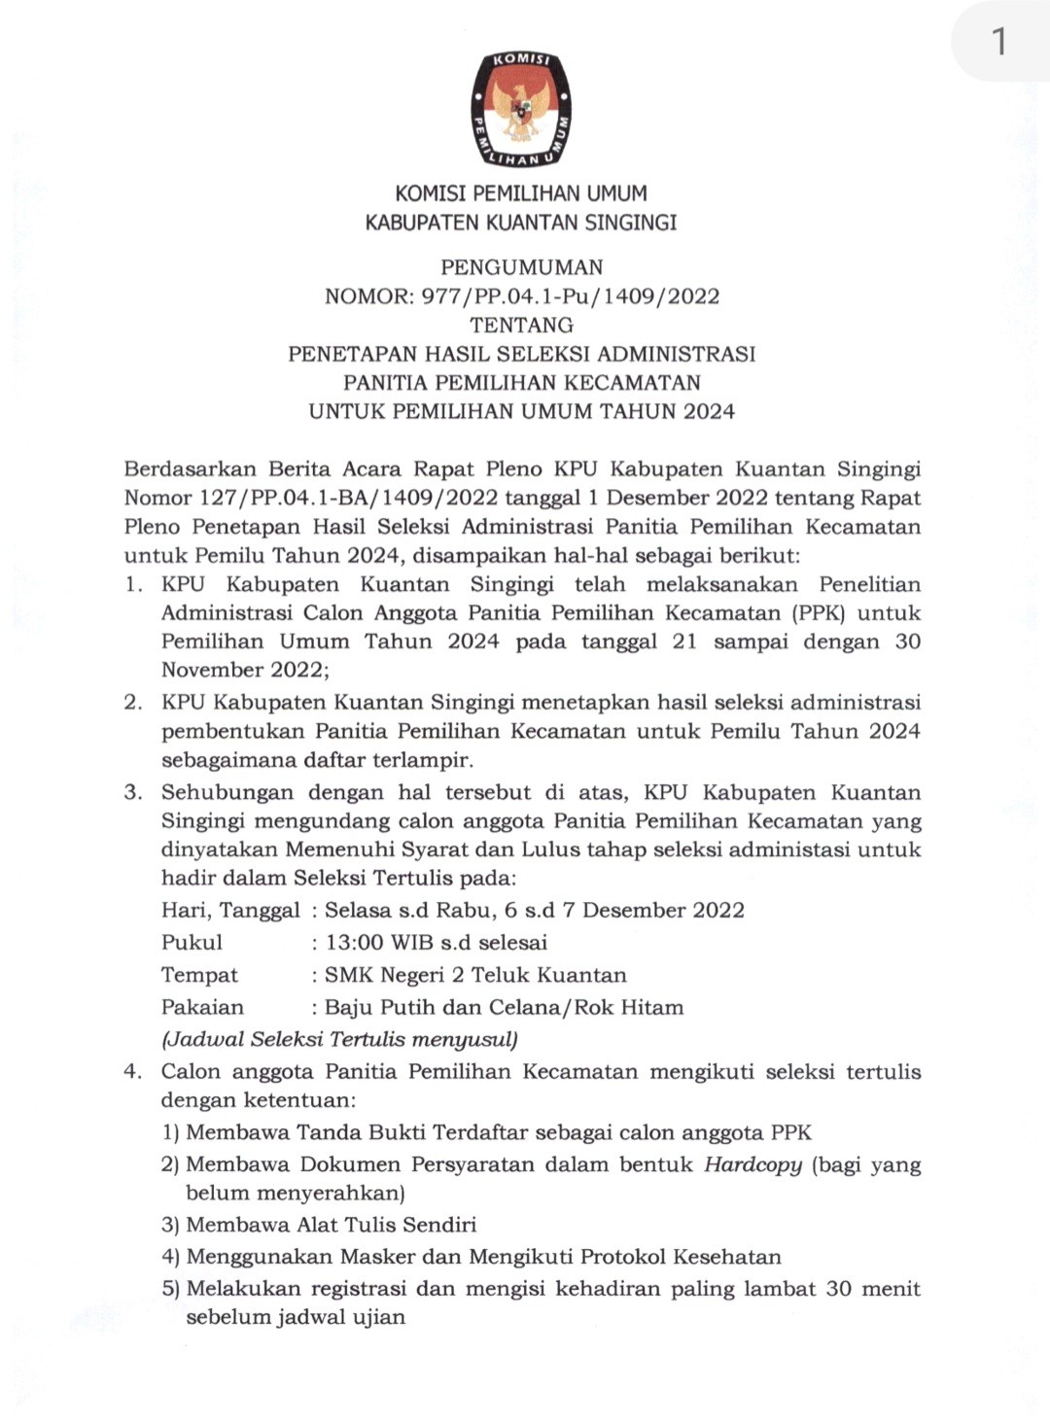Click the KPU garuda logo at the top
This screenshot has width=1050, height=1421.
pyautogui.click(x=521, y=108)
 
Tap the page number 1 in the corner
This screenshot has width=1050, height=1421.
pyautogui.click(x=998, y=42)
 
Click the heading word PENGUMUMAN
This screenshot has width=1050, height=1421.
pyautogui.click(x=521, y=267)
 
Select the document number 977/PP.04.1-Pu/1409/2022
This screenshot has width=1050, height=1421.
pyautogui.click(x=571, y=296)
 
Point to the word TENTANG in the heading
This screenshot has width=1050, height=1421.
pyautogui.click(x=521, y=325)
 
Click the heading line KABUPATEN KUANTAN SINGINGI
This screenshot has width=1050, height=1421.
pyautogui.click(x=521, y=223)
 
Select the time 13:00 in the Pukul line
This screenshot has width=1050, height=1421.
pyautogui.click(x=356, y=943)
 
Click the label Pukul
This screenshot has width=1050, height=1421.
pyautogui.click(x=192, y=943)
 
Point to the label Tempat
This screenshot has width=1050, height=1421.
pyautogui.click(x=199, y=975)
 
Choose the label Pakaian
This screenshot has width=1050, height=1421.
pyautogui.click(x=202, y=1007)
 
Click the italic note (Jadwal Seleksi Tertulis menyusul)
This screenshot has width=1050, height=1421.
pyautogui.click(x=339, y=1039)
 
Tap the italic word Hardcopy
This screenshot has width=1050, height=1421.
pyautogui.click(x=753, y=1164)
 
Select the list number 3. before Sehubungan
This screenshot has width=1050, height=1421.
pyautogui.click(x=133, y=792)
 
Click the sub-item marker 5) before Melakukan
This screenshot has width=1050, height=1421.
pyautogui.click(x=171, y=1289)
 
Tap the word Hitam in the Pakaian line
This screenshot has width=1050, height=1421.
pyautogui.click(x=651, y=1007)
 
